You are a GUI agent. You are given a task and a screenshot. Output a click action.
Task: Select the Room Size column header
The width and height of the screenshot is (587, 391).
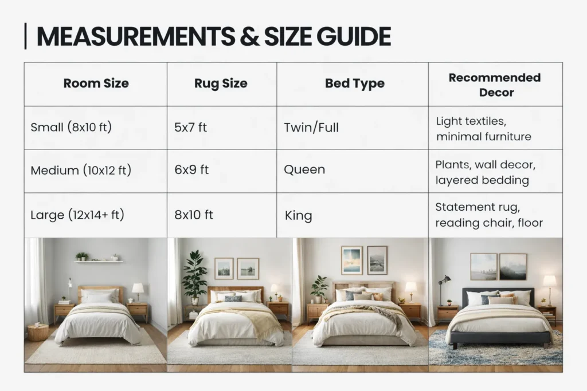tap(96, 84)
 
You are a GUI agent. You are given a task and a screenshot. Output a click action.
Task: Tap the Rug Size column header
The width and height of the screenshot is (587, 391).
tap(221, 84)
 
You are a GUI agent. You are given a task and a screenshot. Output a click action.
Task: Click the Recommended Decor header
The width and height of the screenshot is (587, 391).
tap(494, 84)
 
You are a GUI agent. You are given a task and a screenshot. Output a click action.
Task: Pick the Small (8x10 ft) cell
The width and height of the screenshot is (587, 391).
tap(71, 127)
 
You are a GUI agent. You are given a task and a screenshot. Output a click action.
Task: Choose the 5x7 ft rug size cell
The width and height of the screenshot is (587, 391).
tap(190, 127)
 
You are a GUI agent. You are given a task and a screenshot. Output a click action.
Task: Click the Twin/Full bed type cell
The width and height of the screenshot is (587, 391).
tap(311, 127)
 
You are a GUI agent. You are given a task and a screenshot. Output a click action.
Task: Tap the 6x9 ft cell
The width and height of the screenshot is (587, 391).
tap(191, 170)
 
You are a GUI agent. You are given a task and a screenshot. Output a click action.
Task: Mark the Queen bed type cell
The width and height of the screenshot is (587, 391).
tap(304, 170)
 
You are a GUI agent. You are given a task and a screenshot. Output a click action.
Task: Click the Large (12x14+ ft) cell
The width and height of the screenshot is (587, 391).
tap(77, 215)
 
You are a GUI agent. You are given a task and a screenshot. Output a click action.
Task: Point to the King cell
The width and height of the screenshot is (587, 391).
tap(298, 216)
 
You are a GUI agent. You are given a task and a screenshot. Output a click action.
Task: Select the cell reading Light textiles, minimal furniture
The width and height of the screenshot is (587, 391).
tap(483, 129)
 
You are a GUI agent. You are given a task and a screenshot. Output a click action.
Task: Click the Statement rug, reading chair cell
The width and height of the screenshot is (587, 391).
tap(488, 215)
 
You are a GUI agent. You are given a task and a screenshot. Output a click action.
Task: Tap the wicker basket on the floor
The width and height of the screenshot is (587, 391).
tap(38, 332)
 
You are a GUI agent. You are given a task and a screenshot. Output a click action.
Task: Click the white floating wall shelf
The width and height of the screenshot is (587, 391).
tap(98, 262)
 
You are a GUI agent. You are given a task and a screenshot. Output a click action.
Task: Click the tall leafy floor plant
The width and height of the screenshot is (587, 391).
tap(195, 275)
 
